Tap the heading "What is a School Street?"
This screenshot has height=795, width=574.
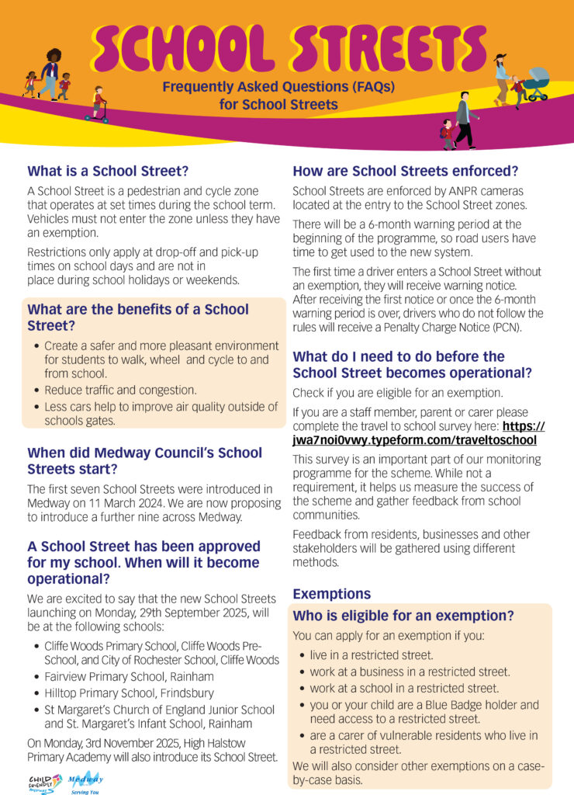pyautogui.click(x=108, y=170)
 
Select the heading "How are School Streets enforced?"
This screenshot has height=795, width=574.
pyautogui.click(x=405, y=171)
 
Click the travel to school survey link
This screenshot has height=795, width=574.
pyautogui.click(x=419, y=433)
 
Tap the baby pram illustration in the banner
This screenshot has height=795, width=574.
pyautogui.click(x=536, y=83)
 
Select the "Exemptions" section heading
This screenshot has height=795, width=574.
pyautogui.click(x=331, y=594)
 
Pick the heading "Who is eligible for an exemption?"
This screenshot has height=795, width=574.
pyautogui.click(x=403, y=616)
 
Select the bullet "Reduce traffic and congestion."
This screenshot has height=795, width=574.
pyautogui.click(x=120, y=390)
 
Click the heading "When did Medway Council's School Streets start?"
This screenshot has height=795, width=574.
pyautogui.click(x=145, y=460)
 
